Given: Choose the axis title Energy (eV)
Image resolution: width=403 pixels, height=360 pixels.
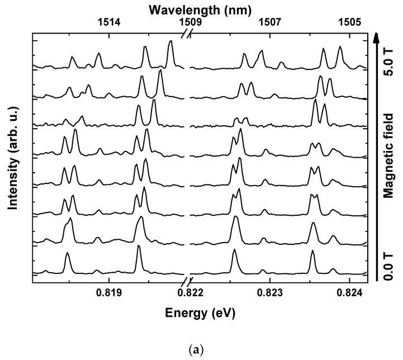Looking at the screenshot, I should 200,313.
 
